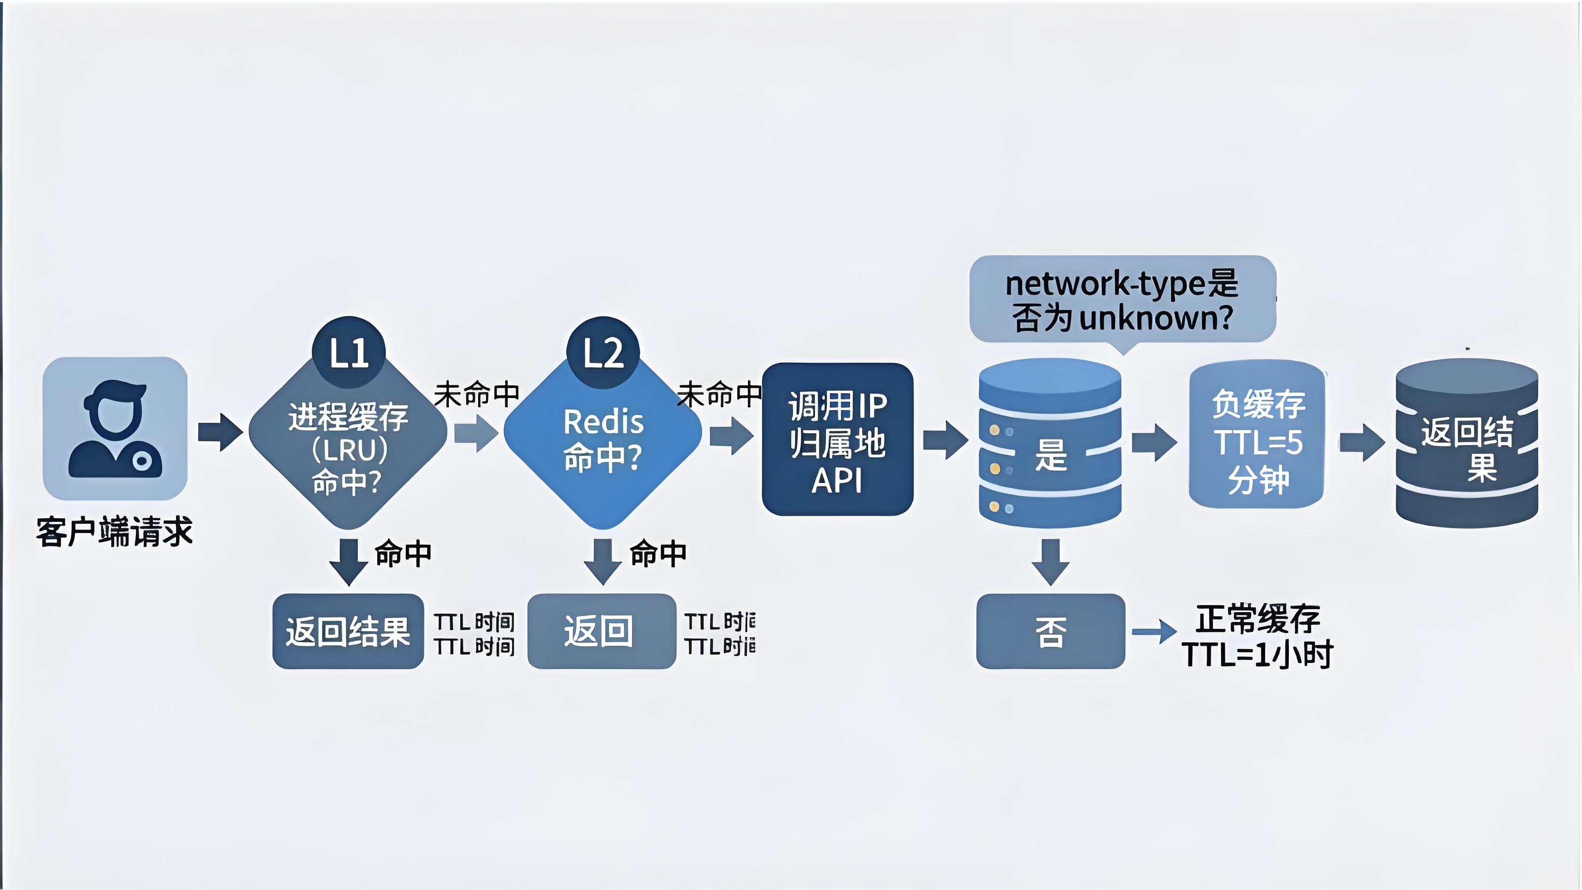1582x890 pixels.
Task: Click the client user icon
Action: [115, 429]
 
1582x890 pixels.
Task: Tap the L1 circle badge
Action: [349, 352]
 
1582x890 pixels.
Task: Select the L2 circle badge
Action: [603, 353]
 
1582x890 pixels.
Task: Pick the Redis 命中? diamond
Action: [603, 439]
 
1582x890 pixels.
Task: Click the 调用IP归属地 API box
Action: [837, 439]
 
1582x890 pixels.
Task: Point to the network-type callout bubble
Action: [1122, 300]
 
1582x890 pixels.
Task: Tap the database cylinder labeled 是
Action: [1050, 444]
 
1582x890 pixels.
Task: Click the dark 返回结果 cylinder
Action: [1466, 444]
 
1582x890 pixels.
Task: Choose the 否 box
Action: [1051, 631]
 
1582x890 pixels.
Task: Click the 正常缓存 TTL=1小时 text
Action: [1257, 636]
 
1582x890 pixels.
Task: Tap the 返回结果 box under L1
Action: [348, 631]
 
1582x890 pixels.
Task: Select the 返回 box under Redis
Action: [602, 631]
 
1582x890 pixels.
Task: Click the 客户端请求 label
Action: [115, 532]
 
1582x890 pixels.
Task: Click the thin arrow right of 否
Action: [1154, 631]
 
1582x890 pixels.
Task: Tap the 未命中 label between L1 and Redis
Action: [477, 394]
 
